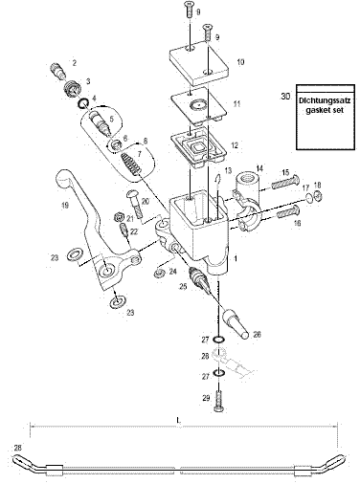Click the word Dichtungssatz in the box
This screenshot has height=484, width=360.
tap(325, 101)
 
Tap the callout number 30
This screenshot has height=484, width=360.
tap(285, 96)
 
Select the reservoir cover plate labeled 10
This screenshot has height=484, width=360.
tap(198, 63)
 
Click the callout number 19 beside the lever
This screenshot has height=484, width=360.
tap(65, 206)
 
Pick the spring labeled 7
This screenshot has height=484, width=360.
tap(132, 164)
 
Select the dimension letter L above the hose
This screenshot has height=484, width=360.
tap(178, 421)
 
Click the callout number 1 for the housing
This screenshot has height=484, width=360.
tap(236, 259)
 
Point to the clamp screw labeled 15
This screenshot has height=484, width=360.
tap(285, 182)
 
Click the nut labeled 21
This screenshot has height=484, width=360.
tap(120, 217)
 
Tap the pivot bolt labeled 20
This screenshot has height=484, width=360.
tap(135, 203)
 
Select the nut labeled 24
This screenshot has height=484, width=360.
tap(159, 273)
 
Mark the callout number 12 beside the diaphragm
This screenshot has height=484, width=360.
tap(235, 145)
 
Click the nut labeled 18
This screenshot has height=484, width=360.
tap(318, 196)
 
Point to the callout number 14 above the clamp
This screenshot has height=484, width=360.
tap(259, 168)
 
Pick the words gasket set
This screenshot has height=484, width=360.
tap(325, 111)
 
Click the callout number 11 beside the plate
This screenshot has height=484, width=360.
tap(236, 104)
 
